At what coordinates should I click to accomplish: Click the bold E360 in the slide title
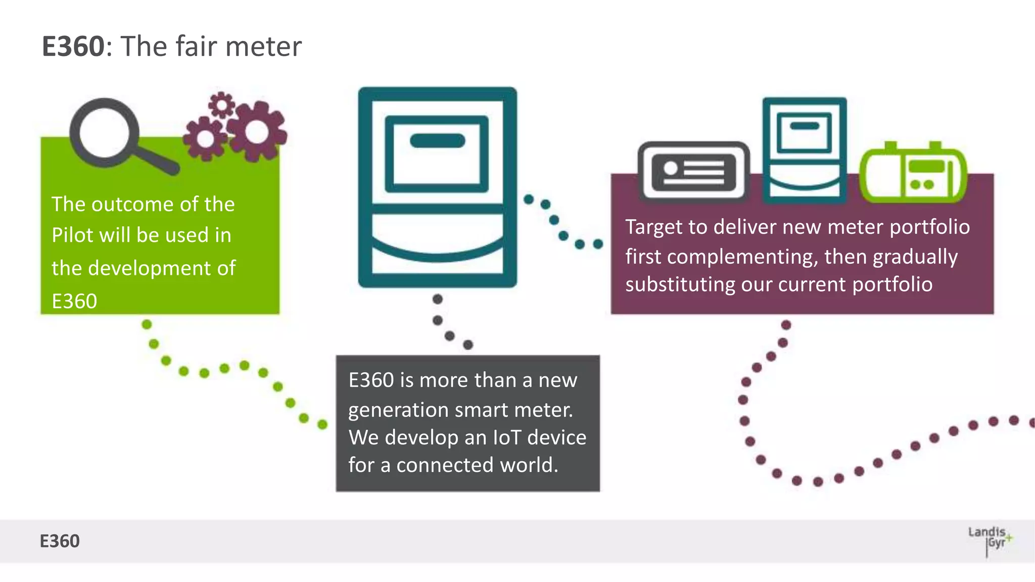(x=73, y=46)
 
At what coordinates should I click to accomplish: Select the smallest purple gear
(x=221, y=105)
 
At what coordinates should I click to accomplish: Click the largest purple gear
(x=257, y=131)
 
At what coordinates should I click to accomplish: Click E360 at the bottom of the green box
(x=74, y=301)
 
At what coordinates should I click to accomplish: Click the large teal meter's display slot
(x=437, y=141)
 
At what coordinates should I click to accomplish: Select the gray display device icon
(x=694, y=172)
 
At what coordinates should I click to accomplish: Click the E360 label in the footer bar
(x=60, y=541)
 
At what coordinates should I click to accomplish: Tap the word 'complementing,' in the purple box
(x=742, y=257)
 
